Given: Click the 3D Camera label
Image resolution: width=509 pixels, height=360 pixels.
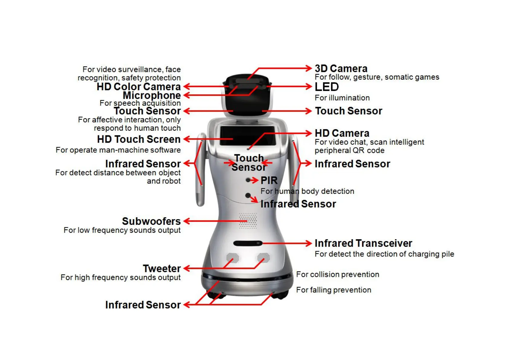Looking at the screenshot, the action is coord(341,68).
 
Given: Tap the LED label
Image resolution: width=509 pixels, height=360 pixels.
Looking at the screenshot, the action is coord(326,87).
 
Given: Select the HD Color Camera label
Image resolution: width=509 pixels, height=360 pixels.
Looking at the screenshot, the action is coord(138,87).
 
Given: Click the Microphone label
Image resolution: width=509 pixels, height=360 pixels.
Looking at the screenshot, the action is coord(151,95).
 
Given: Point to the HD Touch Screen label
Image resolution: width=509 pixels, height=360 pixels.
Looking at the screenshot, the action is coord(138,139).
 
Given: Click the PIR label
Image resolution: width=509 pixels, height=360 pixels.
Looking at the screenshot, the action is coord(269,180).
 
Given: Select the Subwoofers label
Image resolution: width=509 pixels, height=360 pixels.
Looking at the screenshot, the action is coord(151,221).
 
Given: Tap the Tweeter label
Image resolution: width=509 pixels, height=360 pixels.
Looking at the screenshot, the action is coord(162,268).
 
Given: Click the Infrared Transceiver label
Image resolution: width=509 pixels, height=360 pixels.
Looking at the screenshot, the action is coord(363,243).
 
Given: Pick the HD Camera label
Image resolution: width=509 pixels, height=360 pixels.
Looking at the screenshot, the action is coord(342,133).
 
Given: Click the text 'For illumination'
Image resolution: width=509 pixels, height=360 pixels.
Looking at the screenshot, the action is coord(342,98).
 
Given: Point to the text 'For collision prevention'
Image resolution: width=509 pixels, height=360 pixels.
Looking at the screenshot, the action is coord(338,274).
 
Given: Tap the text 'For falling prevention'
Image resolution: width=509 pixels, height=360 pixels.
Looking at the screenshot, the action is coord(334,290).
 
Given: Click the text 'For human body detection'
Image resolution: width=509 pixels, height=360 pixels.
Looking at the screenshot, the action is coord(307,191).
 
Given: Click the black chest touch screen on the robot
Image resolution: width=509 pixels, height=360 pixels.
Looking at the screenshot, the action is coord(247,135).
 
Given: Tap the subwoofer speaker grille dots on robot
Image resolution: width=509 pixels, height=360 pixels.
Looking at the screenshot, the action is coord(248,221).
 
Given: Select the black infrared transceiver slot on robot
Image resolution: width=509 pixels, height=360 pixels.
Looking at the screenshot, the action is coord(248,243).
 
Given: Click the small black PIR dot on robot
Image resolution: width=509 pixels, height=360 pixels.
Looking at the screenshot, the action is coord(248,180).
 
